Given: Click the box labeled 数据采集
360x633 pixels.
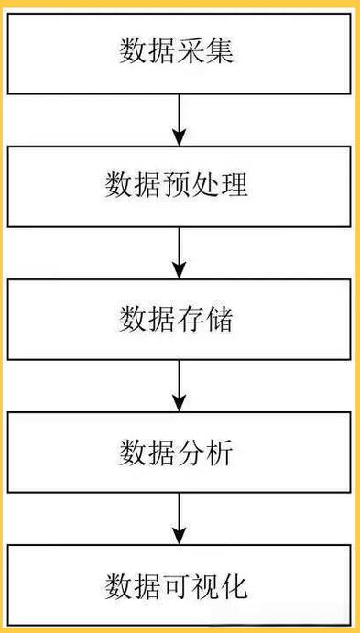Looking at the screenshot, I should (180, 50).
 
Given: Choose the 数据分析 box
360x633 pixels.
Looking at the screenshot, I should (180, 453).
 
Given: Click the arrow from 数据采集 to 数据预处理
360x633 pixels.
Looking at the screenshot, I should (180, 119).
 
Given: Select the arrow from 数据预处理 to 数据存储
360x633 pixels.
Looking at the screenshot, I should (180, 253).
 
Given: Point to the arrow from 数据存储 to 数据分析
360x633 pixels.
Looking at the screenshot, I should (180, 387).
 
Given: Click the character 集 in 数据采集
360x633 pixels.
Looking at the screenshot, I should (221, 50).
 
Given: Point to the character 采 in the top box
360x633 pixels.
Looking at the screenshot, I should (193, 50).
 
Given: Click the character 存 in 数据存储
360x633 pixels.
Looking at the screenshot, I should (193, 320).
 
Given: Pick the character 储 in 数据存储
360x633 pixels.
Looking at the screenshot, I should (222, 320).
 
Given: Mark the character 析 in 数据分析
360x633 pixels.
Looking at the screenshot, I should (222, 453).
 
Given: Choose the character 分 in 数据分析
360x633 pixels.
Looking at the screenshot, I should (193, 453).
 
